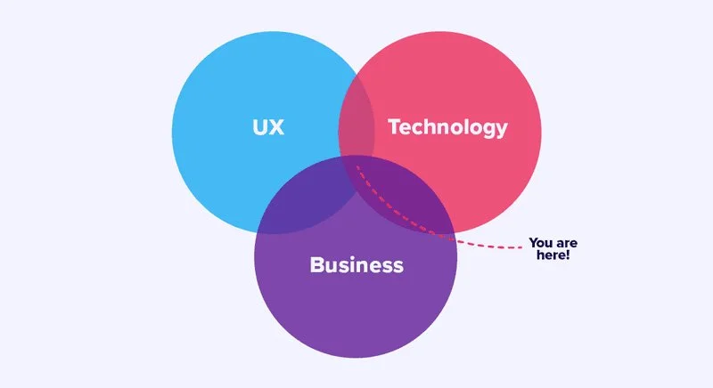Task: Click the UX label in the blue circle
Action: tap(266, 127)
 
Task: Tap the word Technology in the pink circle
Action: tap(447, 127)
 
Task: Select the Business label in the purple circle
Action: tap(356, 264)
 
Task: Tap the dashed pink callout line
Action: tap(481, 243)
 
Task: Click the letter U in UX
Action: tap(258, 127)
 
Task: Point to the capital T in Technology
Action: tap(394, 127)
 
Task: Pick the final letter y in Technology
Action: tap(502, 130)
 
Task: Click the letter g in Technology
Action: tap(489, 130)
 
